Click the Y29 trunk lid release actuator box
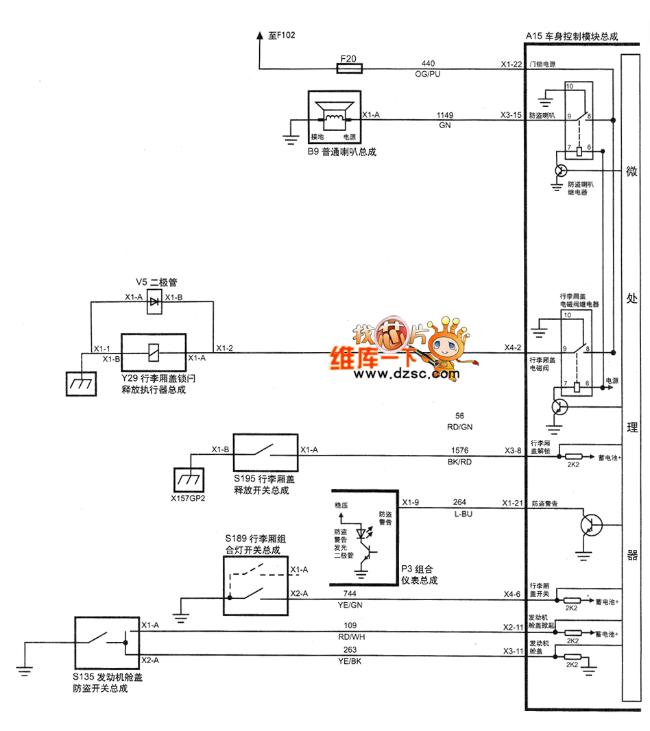[x=154, y=354]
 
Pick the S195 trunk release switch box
[x=265, y=455]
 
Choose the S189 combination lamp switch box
[x=255, y=584]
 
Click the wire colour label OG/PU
[x=429, y=73]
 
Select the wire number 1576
[x=460, y=451]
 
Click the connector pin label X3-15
[x=511, y=116]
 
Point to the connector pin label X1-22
[x=511, y=64]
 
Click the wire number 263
[x=350, y=650]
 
